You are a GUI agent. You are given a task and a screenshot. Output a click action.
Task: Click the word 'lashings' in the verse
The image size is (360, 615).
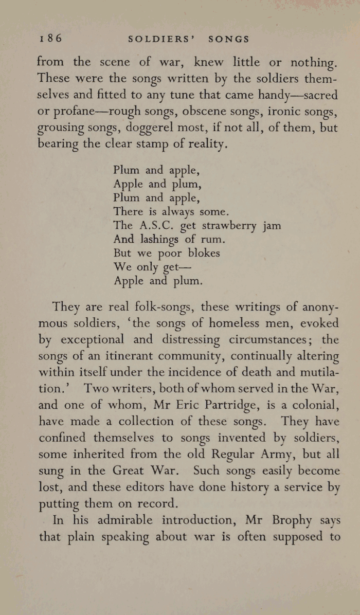tap(156, 240)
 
